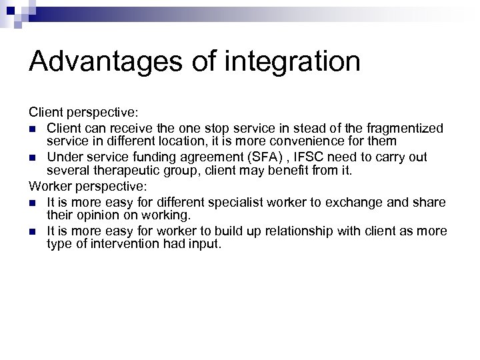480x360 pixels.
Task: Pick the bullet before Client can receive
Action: (33, 128)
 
